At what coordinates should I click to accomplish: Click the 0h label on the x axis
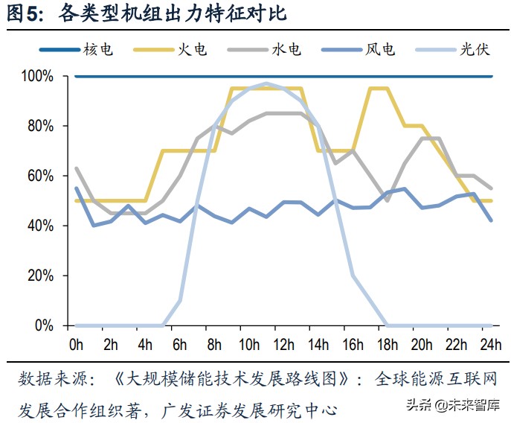coord(76,345)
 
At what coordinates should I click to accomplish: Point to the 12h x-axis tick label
coord(283,345)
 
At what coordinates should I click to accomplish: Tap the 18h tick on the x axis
coord(388,345)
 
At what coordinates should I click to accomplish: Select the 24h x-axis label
coord(492,345)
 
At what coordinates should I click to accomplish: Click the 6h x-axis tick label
coord(180,345)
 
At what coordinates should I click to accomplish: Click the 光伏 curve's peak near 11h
coord(266,83)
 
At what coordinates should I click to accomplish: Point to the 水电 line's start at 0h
coord(77,168)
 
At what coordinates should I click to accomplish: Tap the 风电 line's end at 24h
coord(492,220)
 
